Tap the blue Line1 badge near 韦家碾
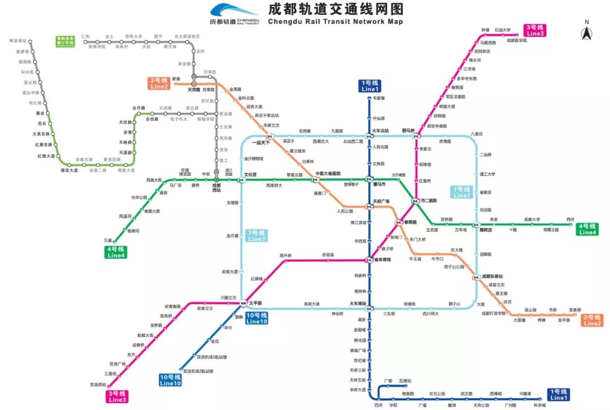369,86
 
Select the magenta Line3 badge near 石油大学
535,30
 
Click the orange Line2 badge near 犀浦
159,83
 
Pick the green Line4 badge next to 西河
587,230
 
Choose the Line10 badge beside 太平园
256,318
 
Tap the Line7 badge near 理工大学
461,192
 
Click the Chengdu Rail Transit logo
234,14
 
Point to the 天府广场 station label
381,201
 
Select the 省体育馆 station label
382,259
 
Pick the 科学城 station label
539,405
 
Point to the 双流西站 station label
98,385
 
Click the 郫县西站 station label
18,41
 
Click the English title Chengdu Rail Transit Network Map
335,22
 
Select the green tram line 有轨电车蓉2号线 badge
66,41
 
